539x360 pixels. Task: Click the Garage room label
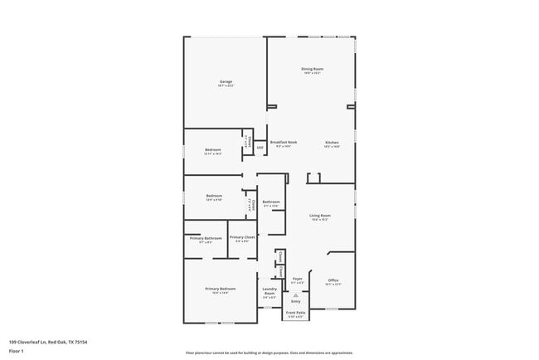(x=226, y=81)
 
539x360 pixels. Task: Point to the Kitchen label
(x=332, y=143)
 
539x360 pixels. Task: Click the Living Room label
(x=320, y=216)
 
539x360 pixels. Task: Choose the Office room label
(x=333, y=280)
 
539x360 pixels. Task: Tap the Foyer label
(x=297, y=280)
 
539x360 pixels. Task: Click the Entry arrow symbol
(x=296, y=294)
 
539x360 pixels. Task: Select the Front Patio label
(x=296, y=313)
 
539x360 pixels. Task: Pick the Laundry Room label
(x=269, y=290)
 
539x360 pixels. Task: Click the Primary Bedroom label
(x=221, y=289)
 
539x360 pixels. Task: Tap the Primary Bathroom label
(x=206, y=238)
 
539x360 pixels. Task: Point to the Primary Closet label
(x=242, y=238)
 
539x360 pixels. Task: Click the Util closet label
(x=260, y=148)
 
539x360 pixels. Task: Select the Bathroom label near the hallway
(x=271, y=202)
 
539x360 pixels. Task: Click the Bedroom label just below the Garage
(x=213, y=149)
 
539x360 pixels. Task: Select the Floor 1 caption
(x=17, y=351)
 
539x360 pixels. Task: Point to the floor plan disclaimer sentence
(x=269, y=353)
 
